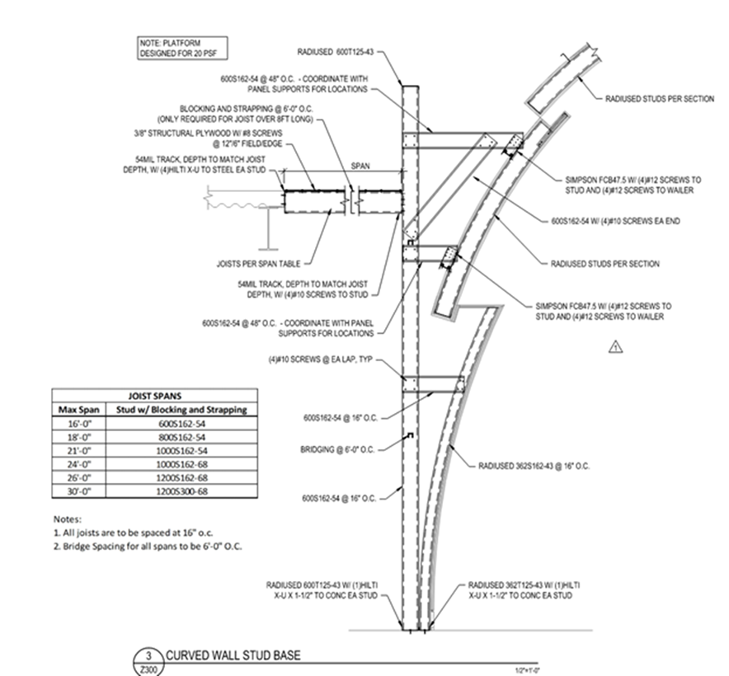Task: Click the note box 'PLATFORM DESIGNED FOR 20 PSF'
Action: (181, 48)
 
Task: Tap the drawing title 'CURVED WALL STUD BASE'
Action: (234, 656)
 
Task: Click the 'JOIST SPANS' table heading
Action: (152, 395)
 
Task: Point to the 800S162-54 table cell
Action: (196, 437)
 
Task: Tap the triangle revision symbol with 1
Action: (614, 347)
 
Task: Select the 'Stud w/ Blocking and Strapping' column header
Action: (196, 409)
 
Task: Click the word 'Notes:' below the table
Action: (68, 520)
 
